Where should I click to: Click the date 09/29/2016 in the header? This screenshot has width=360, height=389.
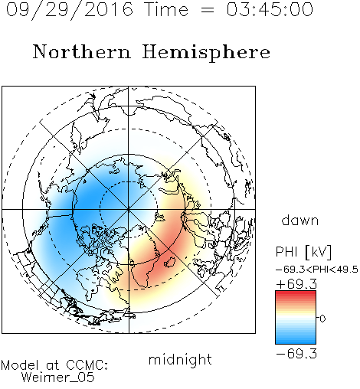[x=70, y=10]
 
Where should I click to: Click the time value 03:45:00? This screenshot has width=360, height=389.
[x=270, y=9]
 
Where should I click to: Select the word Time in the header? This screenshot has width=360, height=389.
[x=166, y=9]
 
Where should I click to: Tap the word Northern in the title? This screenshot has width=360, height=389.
[x=82, y=52]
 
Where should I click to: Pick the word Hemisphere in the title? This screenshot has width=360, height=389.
[x=206, y=53]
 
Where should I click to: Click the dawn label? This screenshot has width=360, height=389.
[x=300, y=220]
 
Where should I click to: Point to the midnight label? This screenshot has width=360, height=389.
[x=180, y=360]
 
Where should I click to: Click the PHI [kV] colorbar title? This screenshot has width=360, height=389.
[x=303, y=252]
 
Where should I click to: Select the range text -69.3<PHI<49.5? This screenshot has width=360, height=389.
[x=317, y=270]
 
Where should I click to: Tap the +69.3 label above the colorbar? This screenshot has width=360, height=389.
[x=296, y=284]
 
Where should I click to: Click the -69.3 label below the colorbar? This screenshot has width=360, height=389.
[x=296, y=354]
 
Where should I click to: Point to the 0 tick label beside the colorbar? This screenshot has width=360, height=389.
[x=322, y=319]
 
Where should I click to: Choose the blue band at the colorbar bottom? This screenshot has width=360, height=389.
[x=296, y=340]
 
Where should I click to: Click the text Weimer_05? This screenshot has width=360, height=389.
[x=58, y=378]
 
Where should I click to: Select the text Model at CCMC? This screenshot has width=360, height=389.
[x=54, y=365]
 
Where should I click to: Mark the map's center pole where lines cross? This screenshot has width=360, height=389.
[x=129, y=210]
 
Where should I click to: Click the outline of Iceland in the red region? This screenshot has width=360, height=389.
[x=169, y=262]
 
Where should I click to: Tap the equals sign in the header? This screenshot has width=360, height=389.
[x=208, y=10]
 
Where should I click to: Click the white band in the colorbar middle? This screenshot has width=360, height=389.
[x=296, y=319]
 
